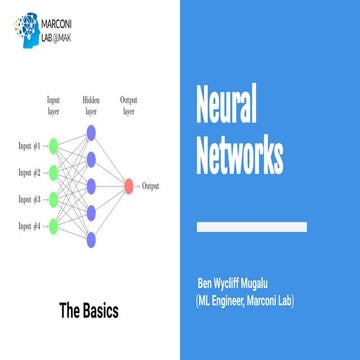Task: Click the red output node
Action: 128,185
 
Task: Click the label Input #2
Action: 26,174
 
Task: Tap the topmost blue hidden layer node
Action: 91,130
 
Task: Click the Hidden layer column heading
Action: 91,105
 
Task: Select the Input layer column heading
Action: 54,105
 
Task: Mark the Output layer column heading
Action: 128,105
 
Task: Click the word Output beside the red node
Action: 151,186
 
